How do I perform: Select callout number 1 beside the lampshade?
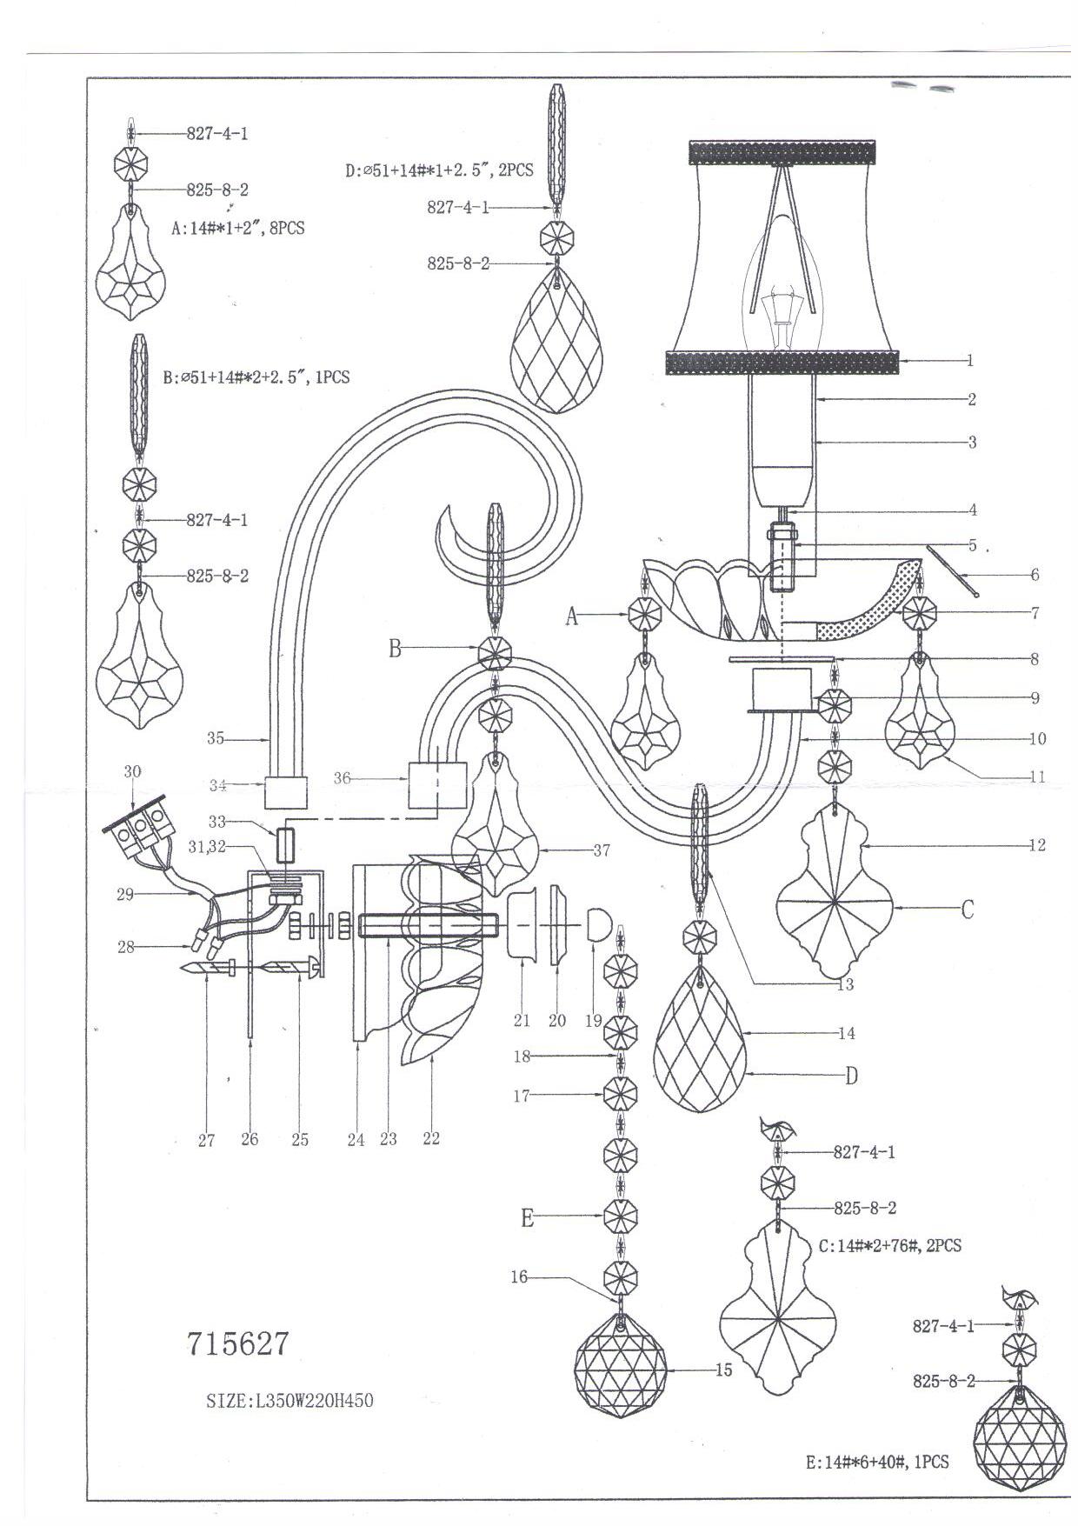(x=969, y=360)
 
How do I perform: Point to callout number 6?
(x=1035, y=575)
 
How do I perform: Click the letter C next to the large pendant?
(x=967, y=910)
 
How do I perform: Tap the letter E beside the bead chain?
(x=527, y=1218)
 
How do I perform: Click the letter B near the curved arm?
(x=395, y=649)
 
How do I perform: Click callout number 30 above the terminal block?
(x=132, y=771)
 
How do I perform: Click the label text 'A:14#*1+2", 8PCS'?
(x=237, y=230)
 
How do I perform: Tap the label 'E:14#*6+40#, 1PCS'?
(x=877, y=1462)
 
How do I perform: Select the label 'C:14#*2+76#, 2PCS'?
(x=890, y=1245)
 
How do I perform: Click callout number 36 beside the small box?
(x=343, y=777)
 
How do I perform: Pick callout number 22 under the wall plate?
(x=431, y=1138)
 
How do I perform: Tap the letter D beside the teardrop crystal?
(x=852, y=1076)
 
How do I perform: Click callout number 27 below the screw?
(x=206, y=1138)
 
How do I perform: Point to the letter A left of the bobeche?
(x=572, y=616)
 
